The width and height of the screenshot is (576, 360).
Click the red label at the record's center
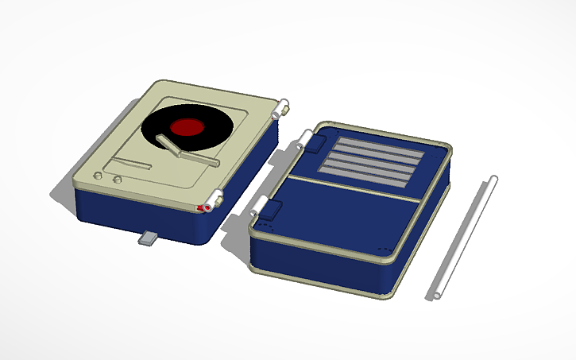(187, 127)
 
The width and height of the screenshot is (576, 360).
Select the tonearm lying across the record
(191, 154)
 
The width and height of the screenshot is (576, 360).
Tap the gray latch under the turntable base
(149, 238)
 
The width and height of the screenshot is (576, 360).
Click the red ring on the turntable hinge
(207, 207)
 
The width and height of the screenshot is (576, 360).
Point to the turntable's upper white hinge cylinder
(280, 108)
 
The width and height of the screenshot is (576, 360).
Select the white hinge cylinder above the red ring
(215, 196)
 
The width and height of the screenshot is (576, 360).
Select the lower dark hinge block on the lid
(270, 210)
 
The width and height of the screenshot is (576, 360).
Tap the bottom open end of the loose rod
(435, 296)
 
